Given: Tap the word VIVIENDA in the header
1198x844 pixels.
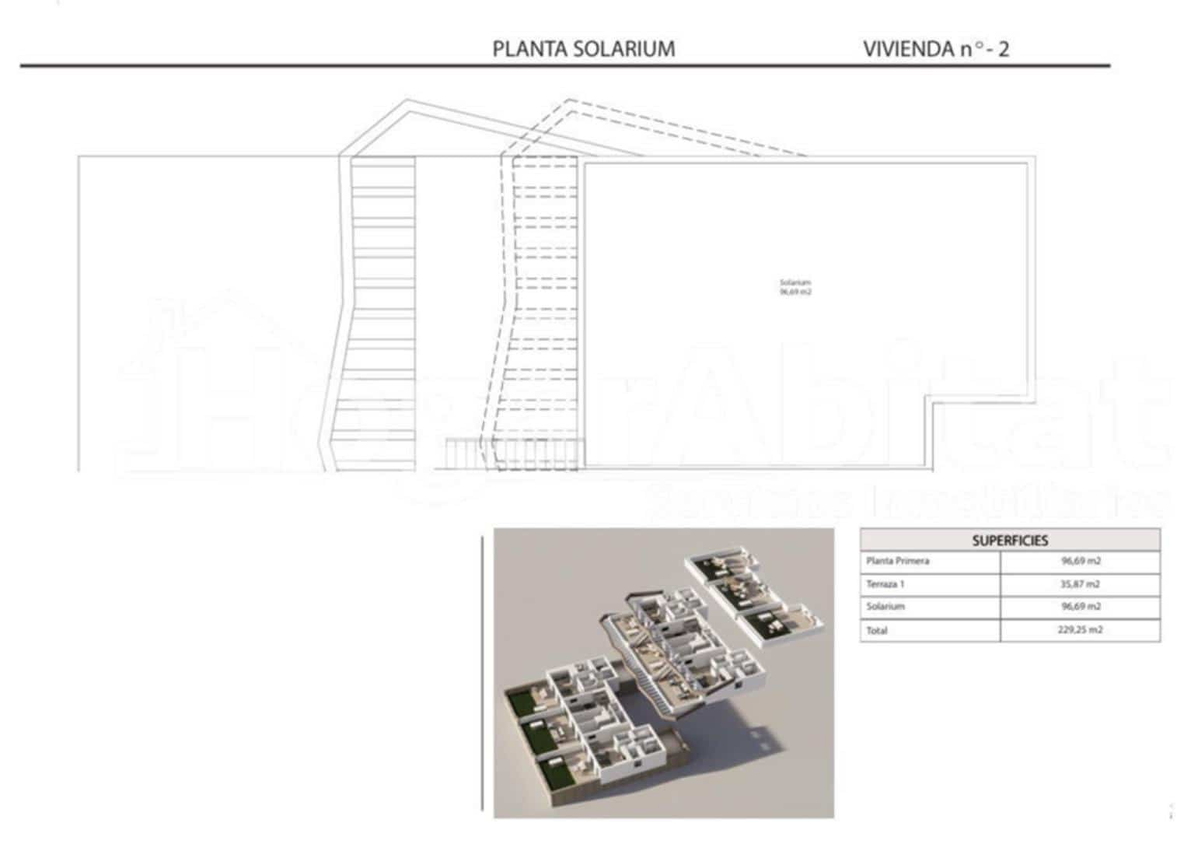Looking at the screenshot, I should click(x=908, y=49).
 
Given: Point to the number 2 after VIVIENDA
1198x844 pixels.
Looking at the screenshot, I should click(x=1004, y=49).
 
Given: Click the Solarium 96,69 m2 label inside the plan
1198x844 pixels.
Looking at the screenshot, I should click(x=795, y=287).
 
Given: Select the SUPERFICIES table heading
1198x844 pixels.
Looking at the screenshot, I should click(x=1009, y=541).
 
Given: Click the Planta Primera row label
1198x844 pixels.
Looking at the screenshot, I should click(x=897, y=561).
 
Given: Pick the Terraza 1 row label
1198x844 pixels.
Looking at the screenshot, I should click(x=885, y=583).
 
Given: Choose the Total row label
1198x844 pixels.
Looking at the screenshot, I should click(x=876, y=630).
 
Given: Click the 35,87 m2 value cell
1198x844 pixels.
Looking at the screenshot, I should click(x=1080, y=583).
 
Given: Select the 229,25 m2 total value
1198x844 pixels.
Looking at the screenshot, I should click(x=1080, y=630).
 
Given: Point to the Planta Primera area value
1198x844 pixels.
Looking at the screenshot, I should click(x=1080, y=561).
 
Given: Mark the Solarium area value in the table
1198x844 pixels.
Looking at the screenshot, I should click(x=1080, y=606).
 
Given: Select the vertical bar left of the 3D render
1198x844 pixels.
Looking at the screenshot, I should click(x=483, y=674).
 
